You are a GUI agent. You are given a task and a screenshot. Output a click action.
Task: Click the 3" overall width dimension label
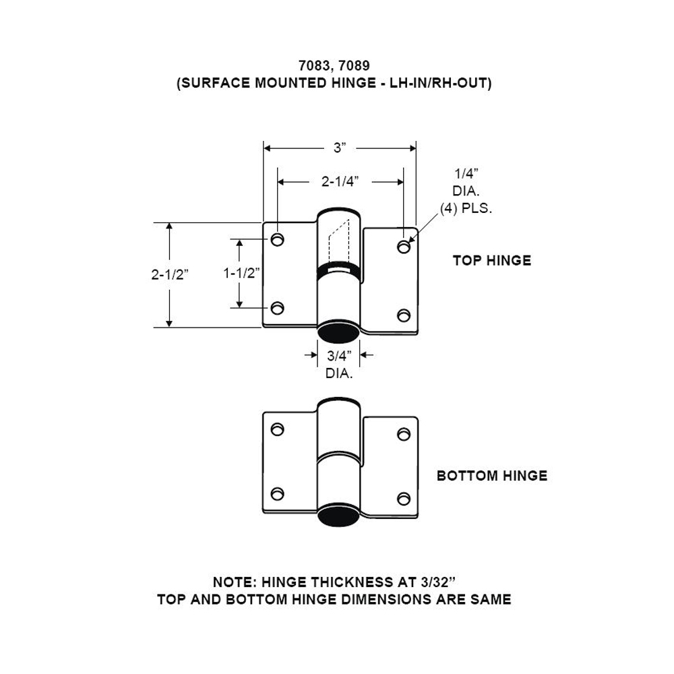pos(339,148)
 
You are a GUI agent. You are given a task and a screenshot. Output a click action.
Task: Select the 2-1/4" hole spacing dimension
pos(339,181)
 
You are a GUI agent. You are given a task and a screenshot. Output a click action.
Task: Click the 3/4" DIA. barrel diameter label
pos(339,365)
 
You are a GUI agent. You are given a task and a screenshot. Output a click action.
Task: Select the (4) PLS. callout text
pos(466,208)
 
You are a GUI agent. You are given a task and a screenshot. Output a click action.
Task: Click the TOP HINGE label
pos(491,260)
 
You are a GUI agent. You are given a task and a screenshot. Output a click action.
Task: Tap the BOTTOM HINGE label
pos(491,476)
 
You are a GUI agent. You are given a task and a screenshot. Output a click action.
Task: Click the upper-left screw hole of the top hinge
pos(277,239)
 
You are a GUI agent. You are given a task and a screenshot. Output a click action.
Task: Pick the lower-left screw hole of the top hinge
pos(277,308)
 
